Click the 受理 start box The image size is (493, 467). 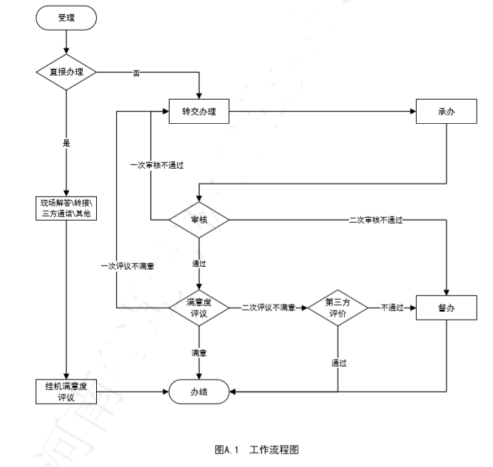pyautogui.click(x=66, y=19)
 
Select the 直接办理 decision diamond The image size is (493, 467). pyautogui.click(x=66, y=73)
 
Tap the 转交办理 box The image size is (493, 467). pyautogui.click(x=199, y=112)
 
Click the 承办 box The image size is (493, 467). pyautogui.click(x=447, y=112)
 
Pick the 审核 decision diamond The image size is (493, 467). pyautogui.click(x=199, y=219)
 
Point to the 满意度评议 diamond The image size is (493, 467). pyautogui.click(x=199, y=307)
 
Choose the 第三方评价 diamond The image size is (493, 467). pyautogui.click(x=338, y=307)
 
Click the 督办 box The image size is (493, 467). pyautogui.click(x=447, y=307)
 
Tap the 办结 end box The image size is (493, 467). pyautogui.click(x=199, y=391)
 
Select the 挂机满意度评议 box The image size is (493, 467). pyautogui.click(x=66, y=391)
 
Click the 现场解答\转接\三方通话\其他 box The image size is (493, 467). pyautogui.click(x=66, y=208)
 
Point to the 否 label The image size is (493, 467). pyautogui.click(x=136, y=73)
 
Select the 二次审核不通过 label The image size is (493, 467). pyautogui.click(x=376, y=219)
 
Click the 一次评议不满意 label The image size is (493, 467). pyautogui.click(x=128, y=266)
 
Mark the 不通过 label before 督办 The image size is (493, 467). pyautogui.click(x=391, y=307)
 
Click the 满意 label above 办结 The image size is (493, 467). pyautogui.click(x=199, y=352)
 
